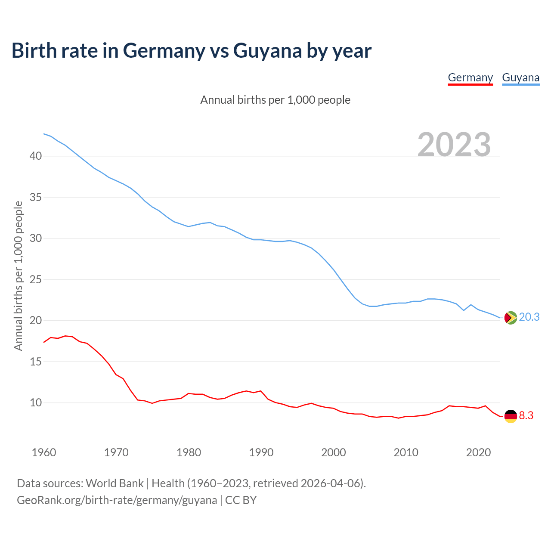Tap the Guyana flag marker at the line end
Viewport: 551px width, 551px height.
coord(510,318)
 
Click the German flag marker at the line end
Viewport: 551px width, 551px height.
coord(510,416)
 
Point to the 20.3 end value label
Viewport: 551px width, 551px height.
coord(529,317)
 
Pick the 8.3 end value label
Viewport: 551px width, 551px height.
coord(526,416)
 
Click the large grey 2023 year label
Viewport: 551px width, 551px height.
coord(454,145)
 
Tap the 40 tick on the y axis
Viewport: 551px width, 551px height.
coord(36,156)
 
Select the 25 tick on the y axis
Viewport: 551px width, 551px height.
coord(36,279)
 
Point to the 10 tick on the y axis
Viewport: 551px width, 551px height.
coord(36,403)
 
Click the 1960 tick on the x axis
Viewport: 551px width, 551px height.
coord(44,452)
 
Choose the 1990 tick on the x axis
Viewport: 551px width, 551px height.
coord(261,452)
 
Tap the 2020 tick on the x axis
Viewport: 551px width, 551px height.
coord(478,452)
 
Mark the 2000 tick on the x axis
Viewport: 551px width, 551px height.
coord(334,452)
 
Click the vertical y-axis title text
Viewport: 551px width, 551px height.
coord(18,275)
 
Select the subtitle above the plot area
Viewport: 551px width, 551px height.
coord(275,100)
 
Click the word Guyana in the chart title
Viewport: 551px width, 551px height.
coord(267,51)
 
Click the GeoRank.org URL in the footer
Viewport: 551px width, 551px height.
coord(117,500)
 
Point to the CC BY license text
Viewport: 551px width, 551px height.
coord(241,500)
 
